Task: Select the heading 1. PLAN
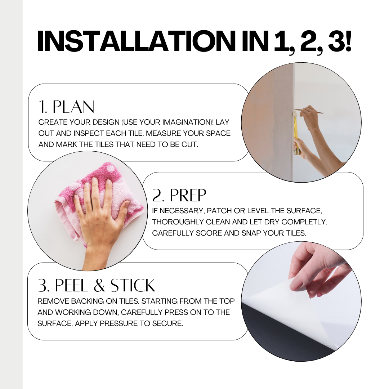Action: click(66, 107)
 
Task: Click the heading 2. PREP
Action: click(179, 195)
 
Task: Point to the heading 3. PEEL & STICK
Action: click(96, 285)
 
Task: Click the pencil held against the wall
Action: click(309, 111)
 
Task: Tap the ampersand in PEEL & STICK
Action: click(99, 285)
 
